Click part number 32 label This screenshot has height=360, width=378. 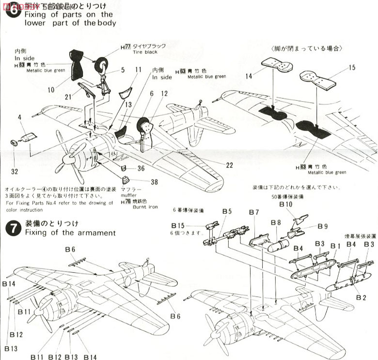tap(16, 171)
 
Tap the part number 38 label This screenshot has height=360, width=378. tap(154, 182)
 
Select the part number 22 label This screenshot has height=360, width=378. tap(229, 165)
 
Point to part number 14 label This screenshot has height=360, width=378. tap(249, 76)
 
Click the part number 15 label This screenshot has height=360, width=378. tap(352, 67)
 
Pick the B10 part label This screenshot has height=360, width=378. tap(286, 204)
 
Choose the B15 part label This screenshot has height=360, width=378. tap(178, 225)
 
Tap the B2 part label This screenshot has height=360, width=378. tap(360, 297)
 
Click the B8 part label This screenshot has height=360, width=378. tap(276, 222)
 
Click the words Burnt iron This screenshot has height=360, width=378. tap(145, 207)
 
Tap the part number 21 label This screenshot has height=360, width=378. tap(68, 96)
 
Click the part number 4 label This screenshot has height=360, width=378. tap(20, 117)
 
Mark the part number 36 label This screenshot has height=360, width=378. tap(141, 168)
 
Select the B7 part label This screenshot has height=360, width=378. tap(254, 212)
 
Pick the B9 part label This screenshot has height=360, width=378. tap(323, 226)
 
